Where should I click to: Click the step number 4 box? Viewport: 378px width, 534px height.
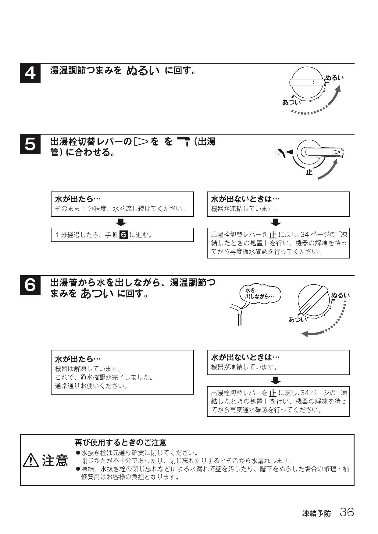click(30, 73)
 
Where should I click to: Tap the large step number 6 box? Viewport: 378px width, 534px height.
click(30, 286)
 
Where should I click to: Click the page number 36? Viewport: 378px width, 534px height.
click(347, 512)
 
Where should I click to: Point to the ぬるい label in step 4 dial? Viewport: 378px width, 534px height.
click(335, 78)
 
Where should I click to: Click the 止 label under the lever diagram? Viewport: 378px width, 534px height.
click(309, 172)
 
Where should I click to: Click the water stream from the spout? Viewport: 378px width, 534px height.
click(240, 320)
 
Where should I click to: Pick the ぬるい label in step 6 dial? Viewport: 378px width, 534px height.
click(341, 295)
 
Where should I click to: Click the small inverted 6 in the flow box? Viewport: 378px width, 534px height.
click(124, 235)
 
